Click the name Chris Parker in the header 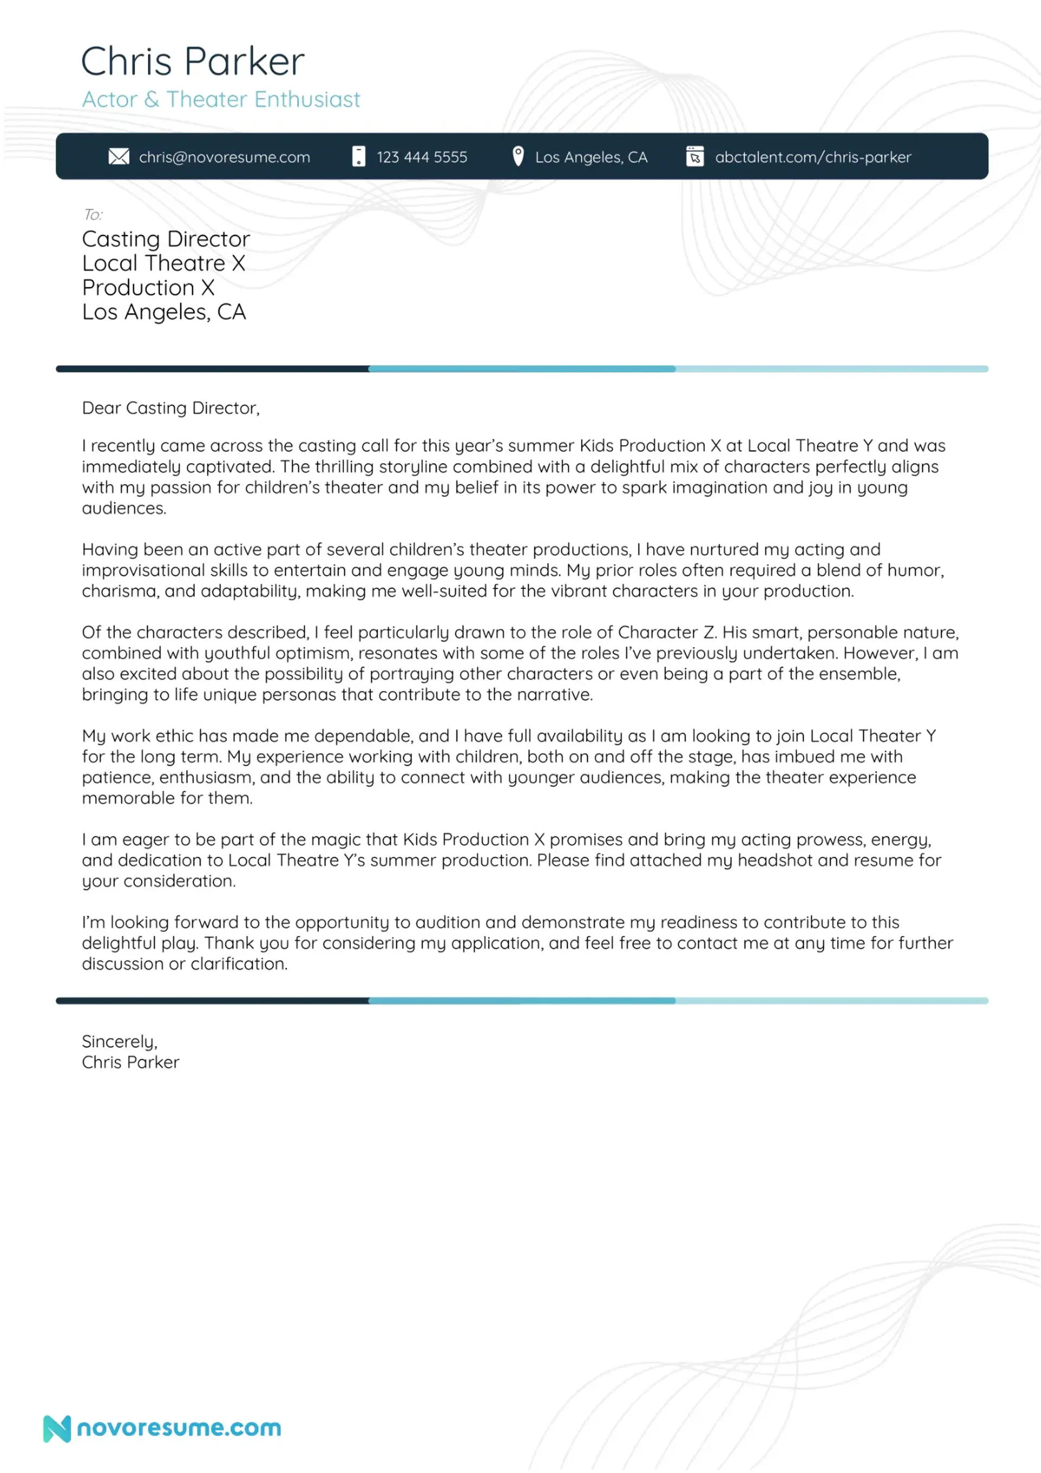tap(192, 62)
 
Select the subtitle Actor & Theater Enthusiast tap(221, 99)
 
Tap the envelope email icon tap(119, 157)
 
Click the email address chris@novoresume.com tap(224, 157)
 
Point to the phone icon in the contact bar tap(358, 157)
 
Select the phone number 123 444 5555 tap(421, 157)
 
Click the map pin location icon tap(518, 156)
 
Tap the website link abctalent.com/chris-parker tap(813, 157)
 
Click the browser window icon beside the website tap(695, 157)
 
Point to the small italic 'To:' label tap(92, 214)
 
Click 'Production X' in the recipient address tap(148, 287)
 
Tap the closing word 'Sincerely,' tap(119, 1041)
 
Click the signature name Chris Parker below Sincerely tap(130, 1062)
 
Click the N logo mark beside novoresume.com tap(56, 1428)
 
